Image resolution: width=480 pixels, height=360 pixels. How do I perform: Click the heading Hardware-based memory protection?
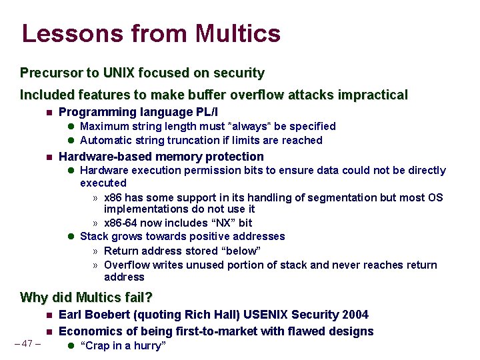(x=161, y=157)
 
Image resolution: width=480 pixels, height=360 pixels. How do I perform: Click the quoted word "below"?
(x=238, y=251)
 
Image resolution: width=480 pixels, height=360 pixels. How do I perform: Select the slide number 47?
(x=27, y=344)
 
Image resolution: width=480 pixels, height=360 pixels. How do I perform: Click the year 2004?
(x=354, y=314)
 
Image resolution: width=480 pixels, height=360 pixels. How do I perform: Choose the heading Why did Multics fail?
(x=87, y=297)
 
